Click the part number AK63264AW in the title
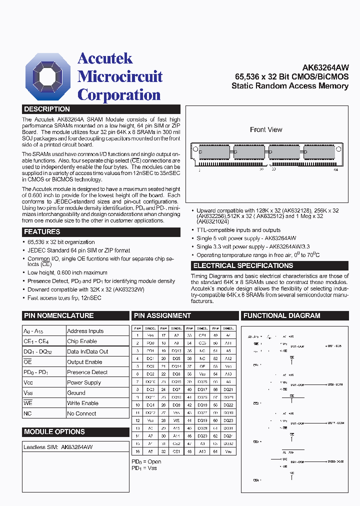click(325, 67)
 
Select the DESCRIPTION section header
click(47, 109)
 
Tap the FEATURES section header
click(42, 232)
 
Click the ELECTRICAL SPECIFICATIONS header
click(243, 265)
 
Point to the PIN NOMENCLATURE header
click(58, 315)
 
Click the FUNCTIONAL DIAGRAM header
click(281, 315)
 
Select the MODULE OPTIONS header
click(54, 431)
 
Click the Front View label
click(266, 129)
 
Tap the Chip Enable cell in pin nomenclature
click(82, 341)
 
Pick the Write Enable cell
click(82, 403)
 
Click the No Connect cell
click(81, 413)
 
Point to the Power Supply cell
click(84, 382)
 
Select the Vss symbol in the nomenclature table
click(28, 393)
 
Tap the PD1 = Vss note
click(144, 468)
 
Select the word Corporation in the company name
click(119, 94)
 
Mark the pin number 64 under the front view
click(335, 170)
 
